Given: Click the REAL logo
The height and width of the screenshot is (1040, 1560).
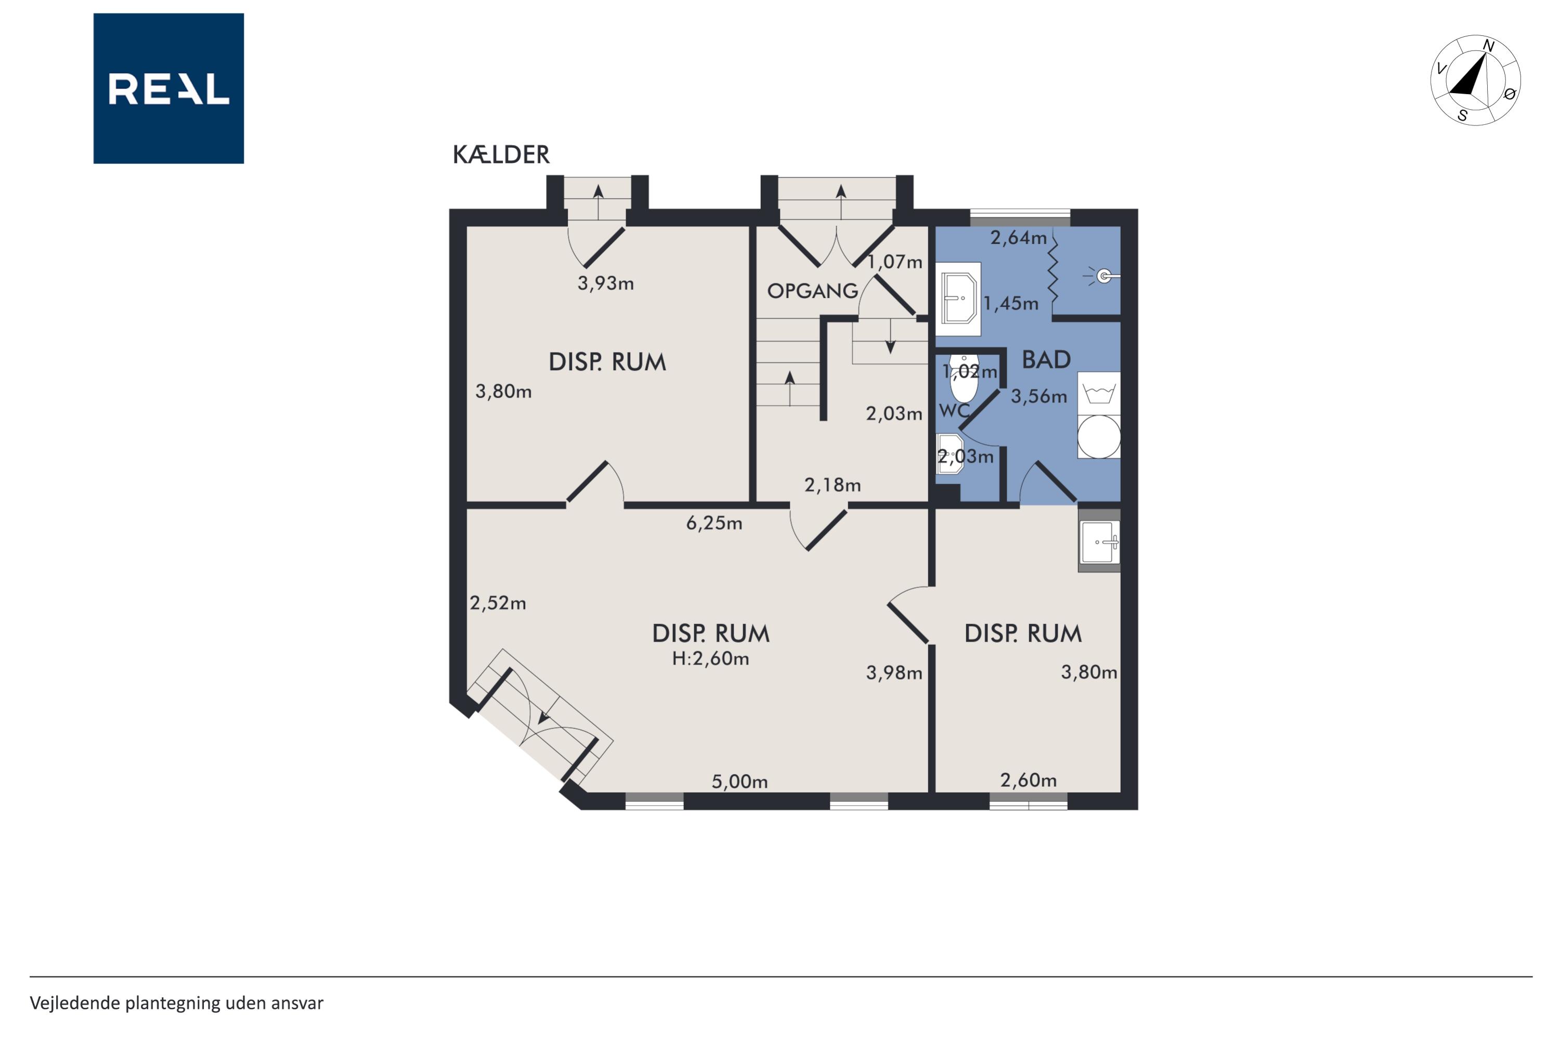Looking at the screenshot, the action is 168,88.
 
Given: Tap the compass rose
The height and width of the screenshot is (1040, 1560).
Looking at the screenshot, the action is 1475,80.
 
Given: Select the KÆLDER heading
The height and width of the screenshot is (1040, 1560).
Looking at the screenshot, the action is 501,154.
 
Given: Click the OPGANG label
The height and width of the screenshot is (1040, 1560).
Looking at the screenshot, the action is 812,291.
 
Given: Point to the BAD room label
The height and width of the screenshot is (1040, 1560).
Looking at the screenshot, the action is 1046,359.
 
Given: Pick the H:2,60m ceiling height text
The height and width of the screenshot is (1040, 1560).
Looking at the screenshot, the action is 710,659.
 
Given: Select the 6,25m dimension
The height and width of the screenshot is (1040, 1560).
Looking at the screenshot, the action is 713,523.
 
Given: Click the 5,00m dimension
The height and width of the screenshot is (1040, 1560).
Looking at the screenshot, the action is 739,782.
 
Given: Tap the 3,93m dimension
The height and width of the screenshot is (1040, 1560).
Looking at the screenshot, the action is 606,283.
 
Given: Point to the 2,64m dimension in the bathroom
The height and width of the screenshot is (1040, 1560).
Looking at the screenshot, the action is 1018,238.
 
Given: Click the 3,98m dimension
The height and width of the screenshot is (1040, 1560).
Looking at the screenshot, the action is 894,672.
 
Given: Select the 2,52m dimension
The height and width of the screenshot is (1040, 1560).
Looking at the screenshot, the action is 498,603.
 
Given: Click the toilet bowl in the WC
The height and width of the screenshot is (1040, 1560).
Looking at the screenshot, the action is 964,379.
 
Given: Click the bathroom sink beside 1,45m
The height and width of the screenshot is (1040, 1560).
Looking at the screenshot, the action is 958,298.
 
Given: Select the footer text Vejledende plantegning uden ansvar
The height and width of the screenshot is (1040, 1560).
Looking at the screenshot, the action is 176,1003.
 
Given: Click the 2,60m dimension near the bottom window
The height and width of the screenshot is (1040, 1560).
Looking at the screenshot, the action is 1028,780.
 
